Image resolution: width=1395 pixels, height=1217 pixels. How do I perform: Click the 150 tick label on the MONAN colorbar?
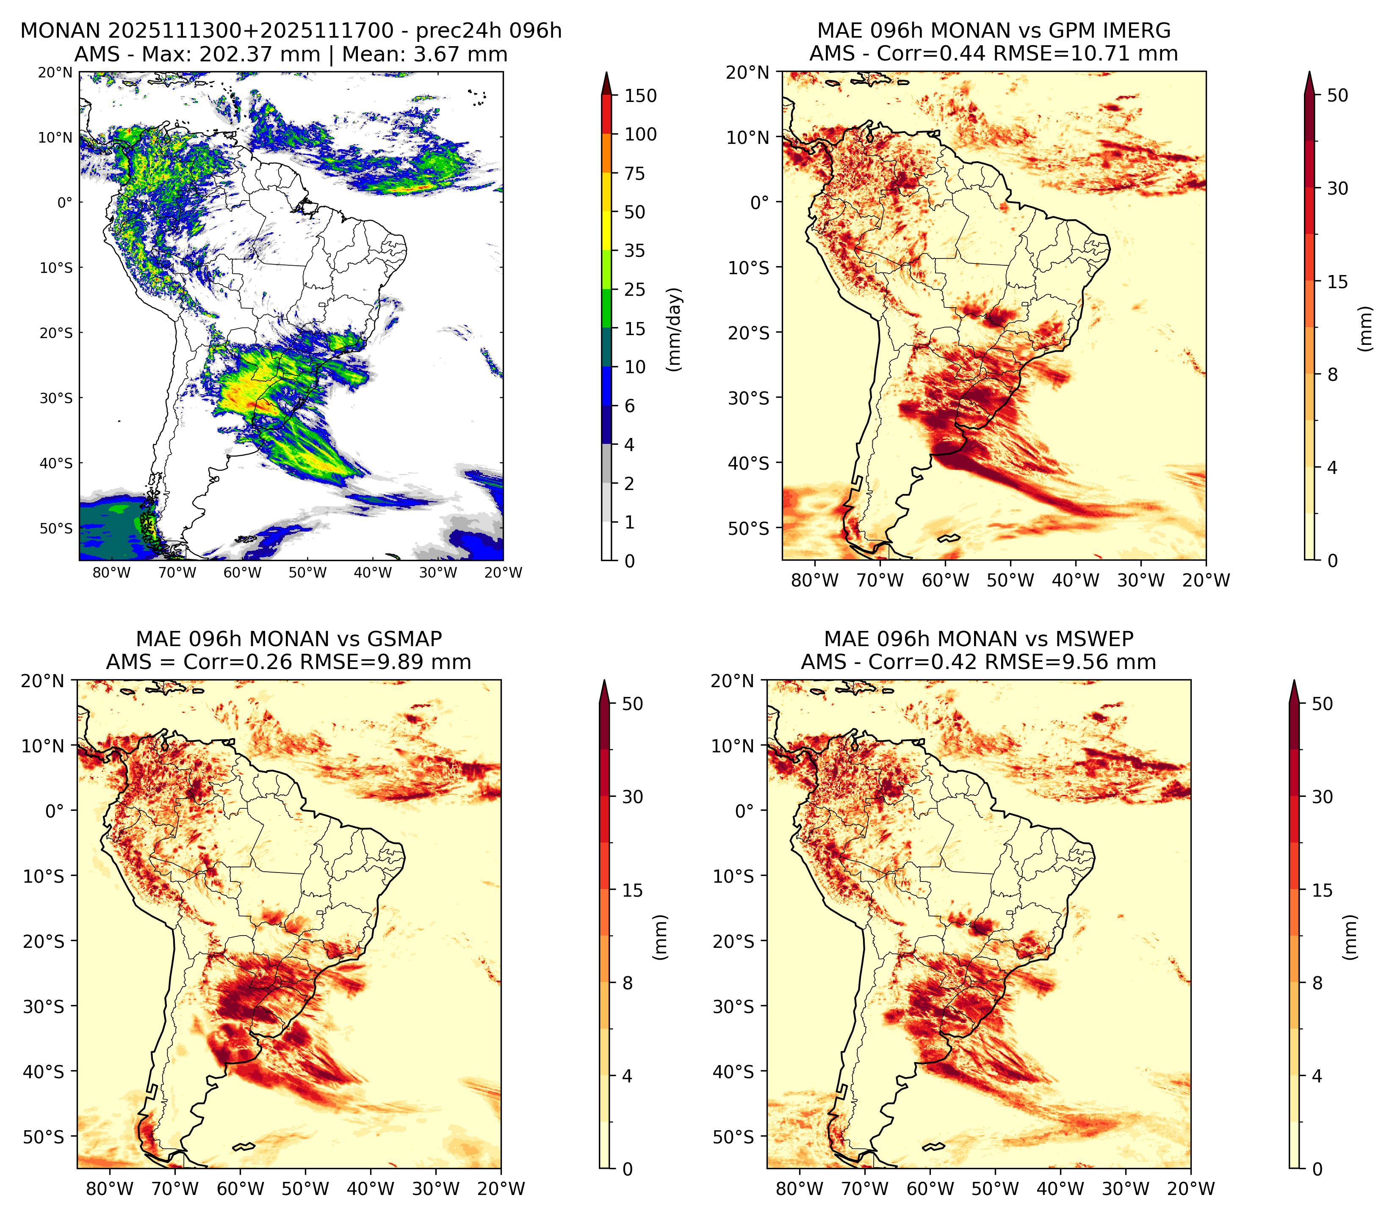tap(641, 96)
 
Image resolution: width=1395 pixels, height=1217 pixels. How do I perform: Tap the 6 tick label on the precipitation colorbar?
tap(630, 406)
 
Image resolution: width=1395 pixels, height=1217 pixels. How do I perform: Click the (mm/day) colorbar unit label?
tap(674, 329)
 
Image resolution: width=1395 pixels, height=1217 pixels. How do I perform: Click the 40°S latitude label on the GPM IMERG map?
tap(749, 463)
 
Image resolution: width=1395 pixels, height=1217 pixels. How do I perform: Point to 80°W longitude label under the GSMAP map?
tap(110, 1189)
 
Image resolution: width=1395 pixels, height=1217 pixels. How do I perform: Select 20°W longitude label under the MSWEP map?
tap(1191, 1189)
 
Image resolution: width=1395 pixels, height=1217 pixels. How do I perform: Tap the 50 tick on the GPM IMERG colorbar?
tap(1337, 96)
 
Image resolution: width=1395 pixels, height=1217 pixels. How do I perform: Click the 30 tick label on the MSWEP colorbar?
tap(1322, 797)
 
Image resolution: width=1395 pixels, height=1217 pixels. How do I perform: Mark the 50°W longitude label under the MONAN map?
tap(307, 573)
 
